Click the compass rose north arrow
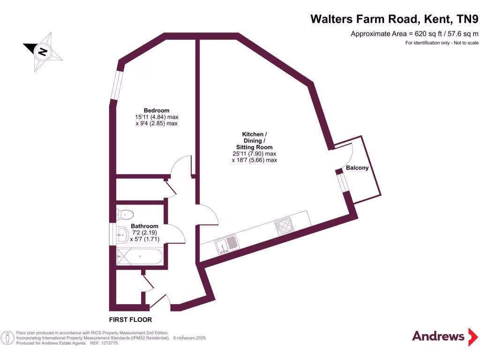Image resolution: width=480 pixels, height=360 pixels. (x=43, y=51)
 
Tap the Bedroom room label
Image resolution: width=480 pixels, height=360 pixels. (x=157, y=111)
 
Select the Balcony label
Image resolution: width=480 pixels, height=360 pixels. (x=357, y=168)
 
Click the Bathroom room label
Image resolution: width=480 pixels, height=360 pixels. (x=144, y=226)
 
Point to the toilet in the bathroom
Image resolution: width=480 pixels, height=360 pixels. (x=125, y=215)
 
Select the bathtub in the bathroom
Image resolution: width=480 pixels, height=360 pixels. (x=140, y=257)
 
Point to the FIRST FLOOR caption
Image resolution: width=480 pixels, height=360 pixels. (x=130, y=320)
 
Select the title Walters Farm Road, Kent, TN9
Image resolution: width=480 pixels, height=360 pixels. (x=395, y=19)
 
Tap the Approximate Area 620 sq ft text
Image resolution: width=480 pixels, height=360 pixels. (x=414, y=34)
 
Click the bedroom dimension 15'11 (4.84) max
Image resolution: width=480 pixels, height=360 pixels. (x=157, y=117)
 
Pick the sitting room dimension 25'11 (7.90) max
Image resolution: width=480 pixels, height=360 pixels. (x=255, y=154)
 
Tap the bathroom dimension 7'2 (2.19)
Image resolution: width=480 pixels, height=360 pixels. (x=144, y=232)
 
